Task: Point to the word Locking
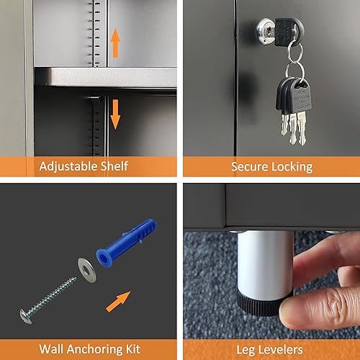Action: (295, 166)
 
